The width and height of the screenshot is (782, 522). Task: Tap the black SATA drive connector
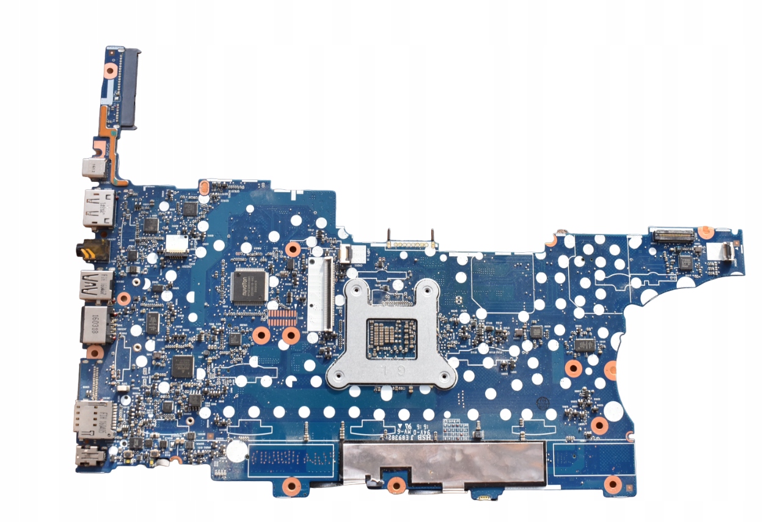(x=129, y=88)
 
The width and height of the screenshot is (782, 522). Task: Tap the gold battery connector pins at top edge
(x=411, y=242)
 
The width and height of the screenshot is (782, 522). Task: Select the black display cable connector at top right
(x=674, y=234)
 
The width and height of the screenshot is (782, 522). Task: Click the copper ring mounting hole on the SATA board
(x=110, y=70)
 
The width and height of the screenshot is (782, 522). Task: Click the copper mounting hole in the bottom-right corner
(x=612, y=485)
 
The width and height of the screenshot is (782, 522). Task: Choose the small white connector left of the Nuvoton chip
(x=177, y=243)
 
